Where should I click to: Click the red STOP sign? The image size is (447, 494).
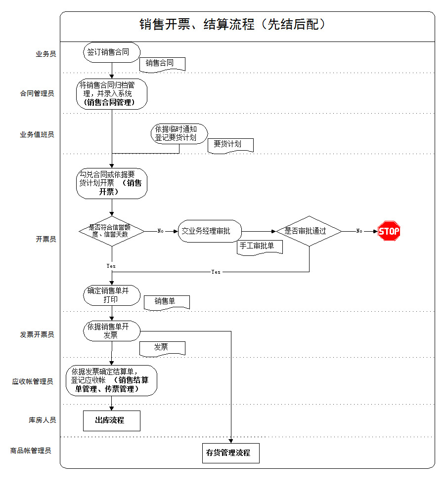389,231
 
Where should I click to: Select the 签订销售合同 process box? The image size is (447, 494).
112,52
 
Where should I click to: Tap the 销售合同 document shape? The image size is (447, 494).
162,63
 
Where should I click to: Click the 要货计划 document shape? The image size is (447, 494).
230,145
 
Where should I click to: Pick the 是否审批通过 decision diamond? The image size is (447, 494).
309,231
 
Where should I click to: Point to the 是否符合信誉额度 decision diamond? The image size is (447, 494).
112,231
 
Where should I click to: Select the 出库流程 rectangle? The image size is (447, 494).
112,420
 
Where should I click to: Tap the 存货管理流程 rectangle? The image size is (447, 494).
230,453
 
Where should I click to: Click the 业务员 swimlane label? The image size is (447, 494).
45,54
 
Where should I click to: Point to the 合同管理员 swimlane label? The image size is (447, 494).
37,93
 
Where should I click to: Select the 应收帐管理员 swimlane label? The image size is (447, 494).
33,381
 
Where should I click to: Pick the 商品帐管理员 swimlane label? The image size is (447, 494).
31,451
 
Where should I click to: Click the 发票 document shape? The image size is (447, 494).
162,348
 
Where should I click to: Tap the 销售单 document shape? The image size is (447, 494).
166,302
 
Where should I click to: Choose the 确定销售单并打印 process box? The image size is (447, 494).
112,295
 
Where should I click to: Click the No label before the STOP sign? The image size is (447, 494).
359,231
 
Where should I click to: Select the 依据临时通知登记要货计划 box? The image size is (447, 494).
179,133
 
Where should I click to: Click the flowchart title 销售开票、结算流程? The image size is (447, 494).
232,25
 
